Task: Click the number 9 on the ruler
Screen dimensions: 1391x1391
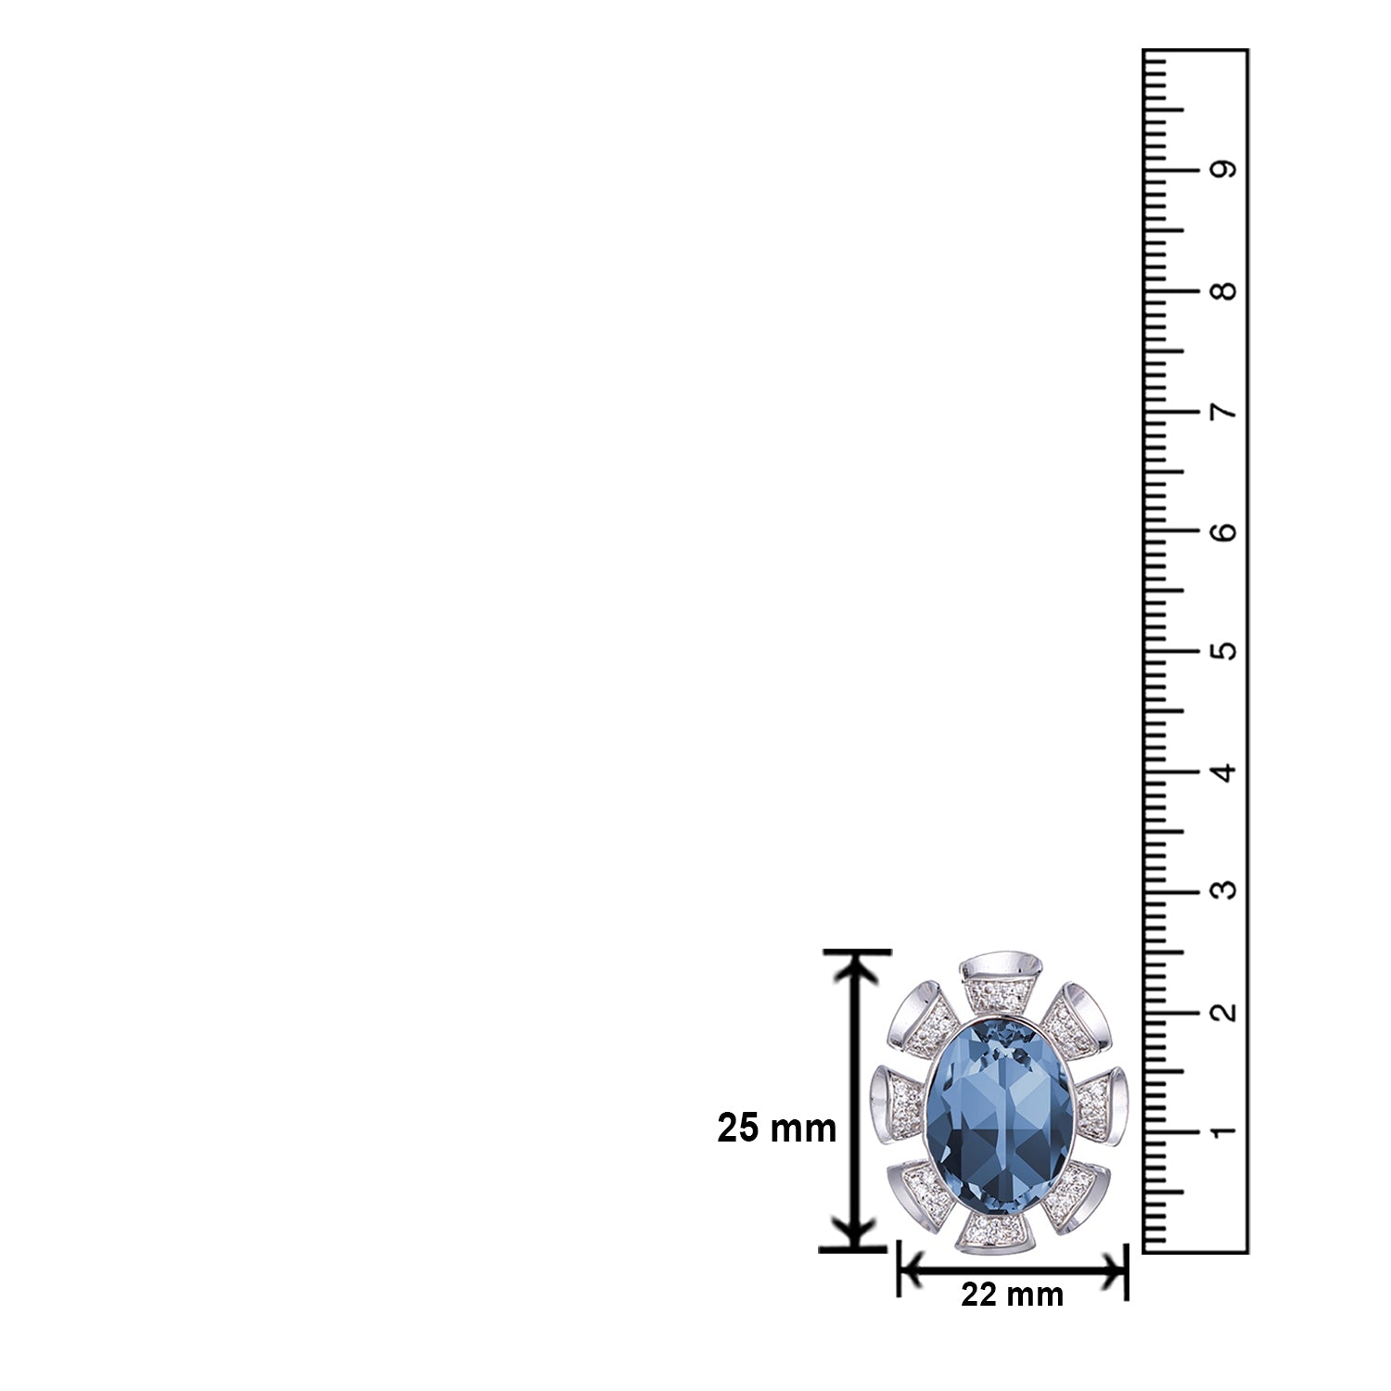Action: click(x=1224, y=171)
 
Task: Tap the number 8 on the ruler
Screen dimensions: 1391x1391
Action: click(x=1224, y=291)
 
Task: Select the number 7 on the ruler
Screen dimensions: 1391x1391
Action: click(x=1224, y=412)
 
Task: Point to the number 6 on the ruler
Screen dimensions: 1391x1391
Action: click(x=1224, y=531)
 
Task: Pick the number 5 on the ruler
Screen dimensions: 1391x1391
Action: click(x=1224, y=651)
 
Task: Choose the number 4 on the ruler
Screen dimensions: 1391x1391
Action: click(x=1224, y=772)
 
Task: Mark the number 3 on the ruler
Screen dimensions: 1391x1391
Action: click(x=1224, y=891)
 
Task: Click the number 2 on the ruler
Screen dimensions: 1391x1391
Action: click(x=1224, y=1012)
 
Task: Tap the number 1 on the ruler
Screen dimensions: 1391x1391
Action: click(x=1224, y=1131)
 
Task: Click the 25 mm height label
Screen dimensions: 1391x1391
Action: click(x=776, y=1129)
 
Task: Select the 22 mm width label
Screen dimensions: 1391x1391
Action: click(x=1012, y=1294)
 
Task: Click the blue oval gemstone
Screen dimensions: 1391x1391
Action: click(x=1000, y=1126)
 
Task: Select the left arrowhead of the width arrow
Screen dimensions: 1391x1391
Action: click(x=914, y=1270)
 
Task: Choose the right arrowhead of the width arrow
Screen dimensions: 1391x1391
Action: click(x=1111, y=1270)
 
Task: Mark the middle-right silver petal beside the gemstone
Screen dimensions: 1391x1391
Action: click(x=1104, y=1103)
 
